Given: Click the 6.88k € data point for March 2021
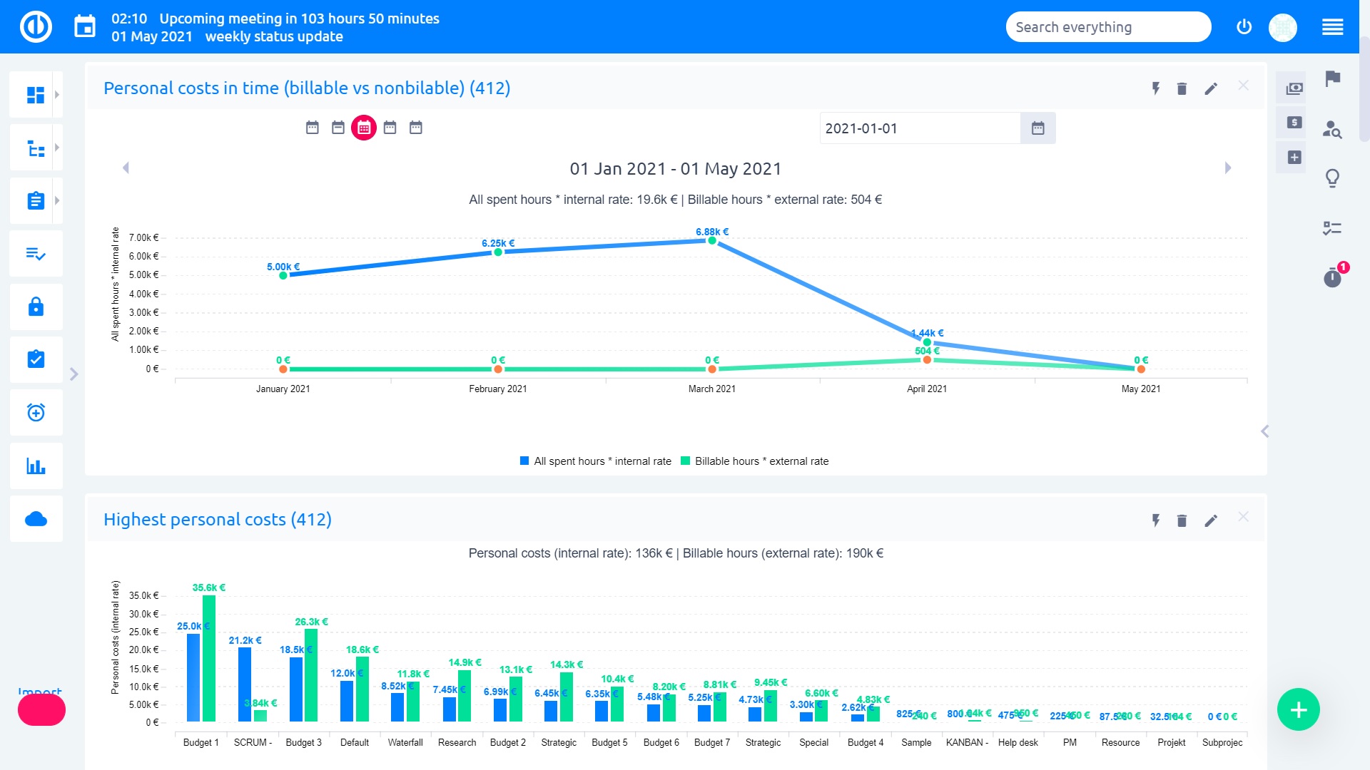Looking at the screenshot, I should [x=711, y=241].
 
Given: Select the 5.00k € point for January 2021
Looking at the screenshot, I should [x=283, y=275].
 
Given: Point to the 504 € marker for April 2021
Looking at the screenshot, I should [x=927, y=360].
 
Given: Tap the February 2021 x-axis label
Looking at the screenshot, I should [x=497, y=389].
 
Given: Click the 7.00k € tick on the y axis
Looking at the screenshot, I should [x=143, y=237].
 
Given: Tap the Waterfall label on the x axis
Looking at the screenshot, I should [x=405, y=742].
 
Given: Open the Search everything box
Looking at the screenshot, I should [x=1107, y=27].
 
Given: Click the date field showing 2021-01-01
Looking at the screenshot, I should [x=919, y=128].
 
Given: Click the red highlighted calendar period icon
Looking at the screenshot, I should [x=364, y=128].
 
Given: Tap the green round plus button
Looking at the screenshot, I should [x=1298, y=709].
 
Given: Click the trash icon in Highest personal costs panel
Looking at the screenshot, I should [x=1182, y=520].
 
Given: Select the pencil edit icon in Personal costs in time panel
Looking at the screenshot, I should [x=1211, y=88].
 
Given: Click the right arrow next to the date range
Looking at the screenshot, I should [x=1228, y=168].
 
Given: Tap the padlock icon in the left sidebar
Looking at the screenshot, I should [x=36, y=307].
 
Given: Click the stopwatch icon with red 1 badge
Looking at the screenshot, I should [x=1332, y=277].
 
